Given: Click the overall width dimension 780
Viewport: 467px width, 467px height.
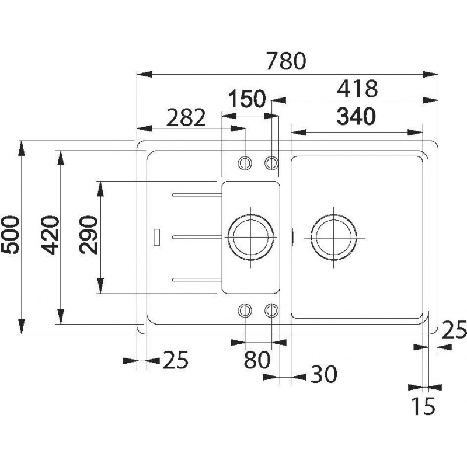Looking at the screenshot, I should [x=287, y=61].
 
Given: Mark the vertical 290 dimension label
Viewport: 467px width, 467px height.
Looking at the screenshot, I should [x=89, y=235].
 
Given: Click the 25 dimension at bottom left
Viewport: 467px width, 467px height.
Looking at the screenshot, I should [x=175, y=360].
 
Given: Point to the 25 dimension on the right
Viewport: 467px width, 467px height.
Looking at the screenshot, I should [x=454, y=331].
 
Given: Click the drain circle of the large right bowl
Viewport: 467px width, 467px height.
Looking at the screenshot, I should [x=333, y=236].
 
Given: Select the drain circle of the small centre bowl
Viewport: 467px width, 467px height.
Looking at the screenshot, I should [x=251, y=236].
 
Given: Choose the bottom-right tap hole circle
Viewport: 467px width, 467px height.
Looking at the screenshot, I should [x=271, y=310].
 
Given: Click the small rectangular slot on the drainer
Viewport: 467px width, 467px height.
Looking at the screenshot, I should [x=156, y=237].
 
